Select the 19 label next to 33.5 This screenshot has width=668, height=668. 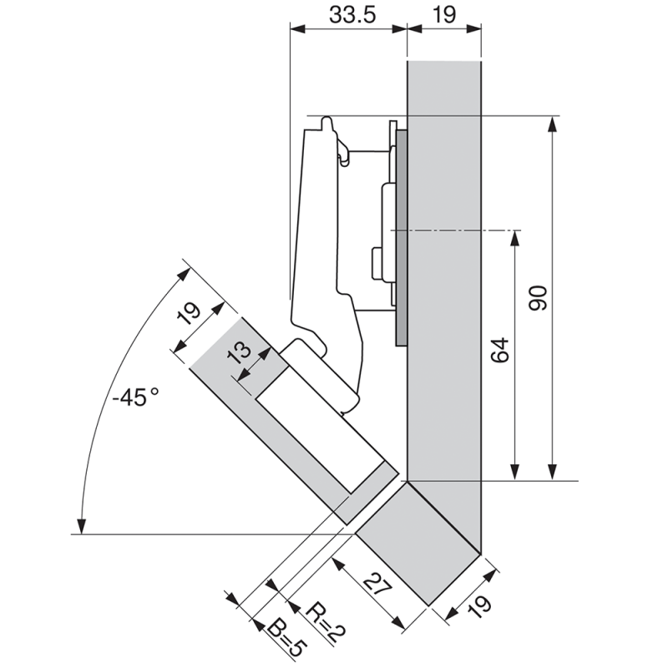(443, 14)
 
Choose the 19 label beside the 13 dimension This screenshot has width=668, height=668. (190, 315)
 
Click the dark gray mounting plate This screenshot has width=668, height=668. (402, 234)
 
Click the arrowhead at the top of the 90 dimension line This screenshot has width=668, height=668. (551, 124)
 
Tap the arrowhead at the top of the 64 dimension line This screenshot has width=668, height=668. (515, 238)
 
